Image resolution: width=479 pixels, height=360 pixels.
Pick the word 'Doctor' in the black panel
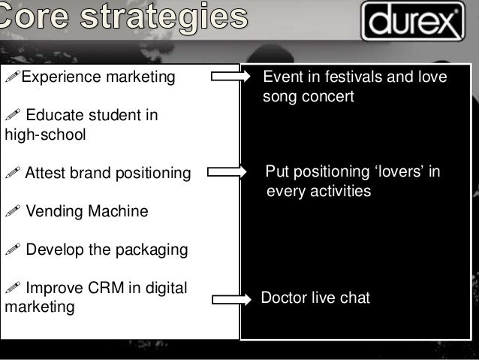(x=284, y=298)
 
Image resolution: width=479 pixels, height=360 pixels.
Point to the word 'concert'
(x=327, y=97)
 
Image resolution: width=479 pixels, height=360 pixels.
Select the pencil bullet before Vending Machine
(x=13, y=213)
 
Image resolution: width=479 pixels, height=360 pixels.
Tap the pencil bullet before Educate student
(x=13, y=117)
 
